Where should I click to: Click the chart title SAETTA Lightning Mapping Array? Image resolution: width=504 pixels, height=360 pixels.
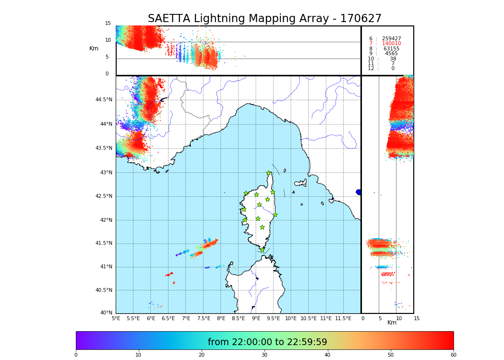coord(264,19)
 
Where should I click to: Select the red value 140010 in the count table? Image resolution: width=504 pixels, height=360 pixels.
coord(391,44)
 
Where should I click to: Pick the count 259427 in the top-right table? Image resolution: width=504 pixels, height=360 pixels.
coord(391,38)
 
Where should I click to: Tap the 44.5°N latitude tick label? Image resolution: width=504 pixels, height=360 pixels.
coord(104,100)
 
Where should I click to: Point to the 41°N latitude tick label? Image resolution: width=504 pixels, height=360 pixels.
coord(106,267)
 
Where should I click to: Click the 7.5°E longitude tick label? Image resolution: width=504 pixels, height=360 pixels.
coord(204,318)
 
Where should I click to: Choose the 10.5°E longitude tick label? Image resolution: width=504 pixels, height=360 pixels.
coord(309,318)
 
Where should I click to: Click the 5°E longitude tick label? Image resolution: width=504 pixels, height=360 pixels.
coord(116,318)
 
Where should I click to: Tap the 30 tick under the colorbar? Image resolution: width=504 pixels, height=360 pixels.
coord(264,355)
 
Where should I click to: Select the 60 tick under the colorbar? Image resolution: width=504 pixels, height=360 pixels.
coord(453,355)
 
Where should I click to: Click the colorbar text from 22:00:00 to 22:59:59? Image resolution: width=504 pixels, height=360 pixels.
coord(267,342)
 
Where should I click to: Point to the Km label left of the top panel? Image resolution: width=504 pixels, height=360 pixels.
coord(94,48)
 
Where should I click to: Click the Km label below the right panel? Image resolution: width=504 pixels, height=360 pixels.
coord(392,323)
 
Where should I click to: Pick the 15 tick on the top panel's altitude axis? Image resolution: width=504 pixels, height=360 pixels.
coord(108,24)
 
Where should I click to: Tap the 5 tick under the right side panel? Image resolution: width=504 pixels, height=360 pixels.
coord(380,318)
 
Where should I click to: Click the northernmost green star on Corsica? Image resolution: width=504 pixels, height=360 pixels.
coord(269,173)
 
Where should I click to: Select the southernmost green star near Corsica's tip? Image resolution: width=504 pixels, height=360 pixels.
coord(262,250)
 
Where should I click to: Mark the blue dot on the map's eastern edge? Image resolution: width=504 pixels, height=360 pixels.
coord(359,192)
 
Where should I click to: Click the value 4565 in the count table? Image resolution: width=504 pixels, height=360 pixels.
coord(391,54)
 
